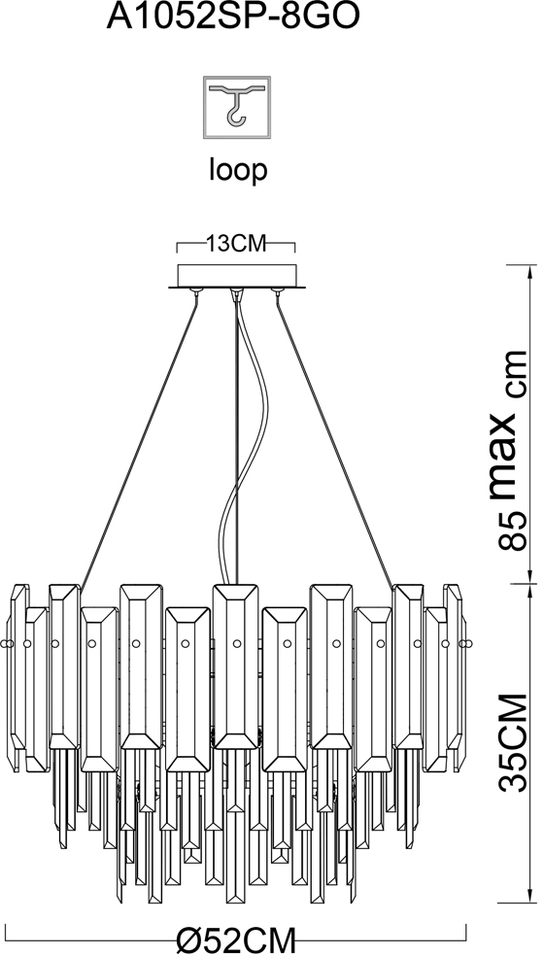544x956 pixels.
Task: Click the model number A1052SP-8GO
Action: pyautogui.click(x=232, y=17)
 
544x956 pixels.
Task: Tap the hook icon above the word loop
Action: pyautogui.click(x=237, y=107)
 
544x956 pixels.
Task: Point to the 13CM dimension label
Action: pyautogui.click(x=237, y=244)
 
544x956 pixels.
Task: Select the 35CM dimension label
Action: pyautogui.click(x=512, y=741)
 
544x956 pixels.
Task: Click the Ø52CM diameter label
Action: pyautogui.click(x=237, y=939)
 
